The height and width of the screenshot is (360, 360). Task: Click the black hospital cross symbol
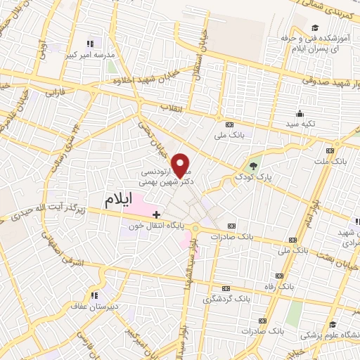point(157,214)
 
